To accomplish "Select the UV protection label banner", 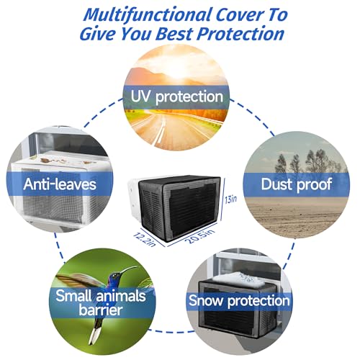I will [176, 96].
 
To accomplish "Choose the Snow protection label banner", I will [240, 300].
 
